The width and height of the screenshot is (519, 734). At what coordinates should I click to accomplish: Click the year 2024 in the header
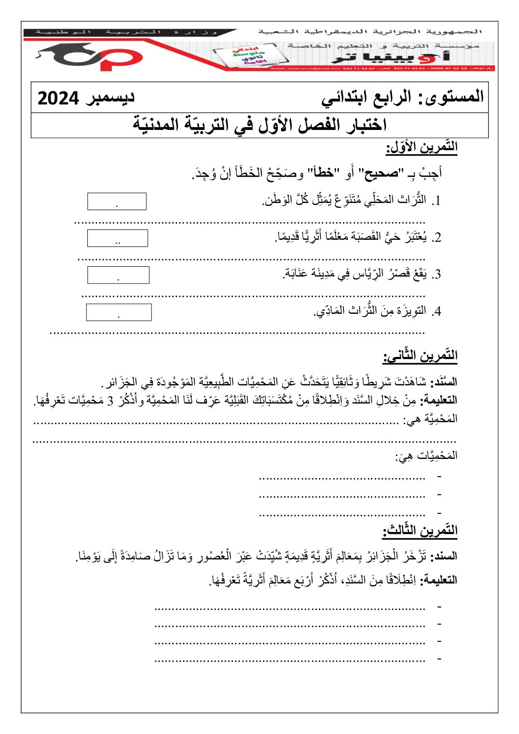58,98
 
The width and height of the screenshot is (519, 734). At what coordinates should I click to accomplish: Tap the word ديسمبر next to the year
110,97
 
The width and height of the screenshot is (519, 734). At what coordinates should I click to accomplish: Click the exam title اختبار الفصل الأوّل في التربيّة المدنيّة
259,125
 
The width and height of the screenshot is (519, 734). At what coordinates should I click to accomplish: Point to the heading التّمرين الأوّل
421,147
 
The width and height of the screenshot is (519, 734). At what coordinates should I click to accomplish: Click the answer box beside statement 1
117,202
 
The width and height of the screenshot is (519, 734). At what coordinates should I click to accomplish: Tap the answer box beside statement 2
117,238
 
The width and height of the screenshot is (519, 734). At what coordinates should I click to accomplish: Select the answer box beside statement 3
118,275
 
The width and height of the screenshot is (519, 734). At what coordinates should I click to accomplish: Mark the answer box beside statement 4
119,312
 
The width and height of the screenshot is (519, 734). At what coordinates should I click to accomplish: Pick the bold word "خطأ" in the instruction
324,173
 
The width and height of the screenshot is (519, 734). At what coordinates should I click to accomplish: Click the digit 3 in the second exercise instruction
110,401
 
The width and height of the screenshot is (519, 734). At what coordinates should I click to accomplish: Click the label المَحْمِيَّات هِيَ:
426,456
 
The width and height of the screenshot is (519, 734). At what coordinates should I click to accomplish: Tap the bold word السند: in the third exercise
443,557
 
